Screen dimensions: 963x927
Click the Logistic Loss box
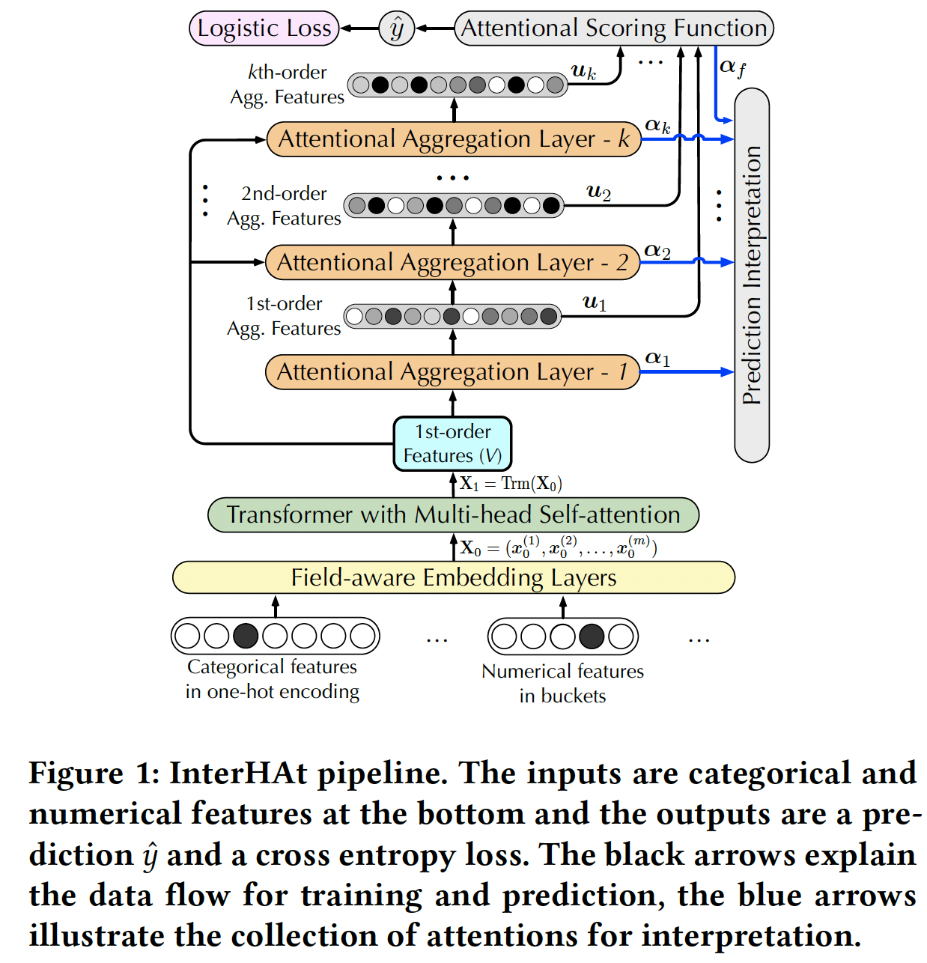click(264, 28)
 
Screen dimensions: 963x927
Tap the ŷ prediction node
click(397, 28)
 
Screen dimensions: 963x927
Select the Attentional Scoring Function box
click(614, 28)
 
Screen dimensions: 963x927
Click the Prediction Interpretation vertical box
click(752, 275)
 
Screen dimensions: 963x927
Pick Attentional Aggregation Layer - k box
click(454, 139)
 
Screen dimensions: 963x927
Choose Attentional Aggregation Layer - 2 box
click(452, 263)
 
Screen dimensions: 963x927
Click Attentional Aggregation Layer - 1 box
click(452, 372)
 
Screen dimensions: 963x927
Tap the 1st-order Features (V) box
click(452, 443)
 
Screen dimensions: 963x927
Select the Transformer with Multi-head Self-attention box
click(453, 514)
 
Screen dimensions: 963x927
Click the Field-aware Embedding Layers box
click(453, 577)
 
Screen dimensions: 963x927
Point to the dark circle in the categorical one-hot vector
click(246, 636)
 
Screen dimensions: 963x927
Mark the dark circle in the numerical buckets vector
click(592, 637)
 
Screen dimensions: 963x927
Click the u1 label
click(595, 303)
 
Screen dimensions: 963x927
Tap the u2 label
click(598, 192)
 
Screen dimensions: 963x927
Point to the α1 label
click(657, 359)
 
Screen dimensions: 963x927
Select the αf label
click(732, 67)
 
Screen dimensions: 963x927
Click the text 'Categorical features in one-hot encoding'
click(273, 679)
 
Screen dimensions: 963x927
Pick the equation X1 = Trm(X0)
click(511, 484)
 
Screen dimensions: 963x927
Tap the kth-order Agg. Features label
click(288, 85)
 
